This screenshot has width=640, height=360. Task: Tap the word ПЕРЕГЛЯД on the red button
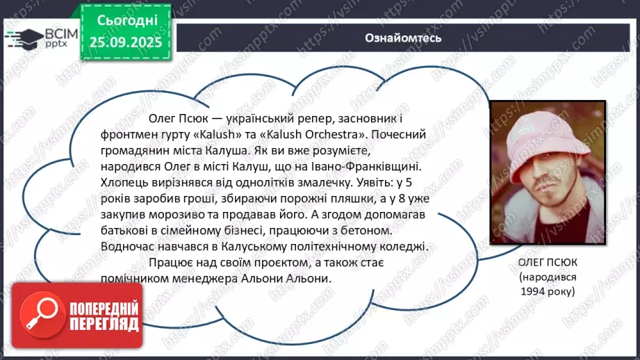click(104, 324)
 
